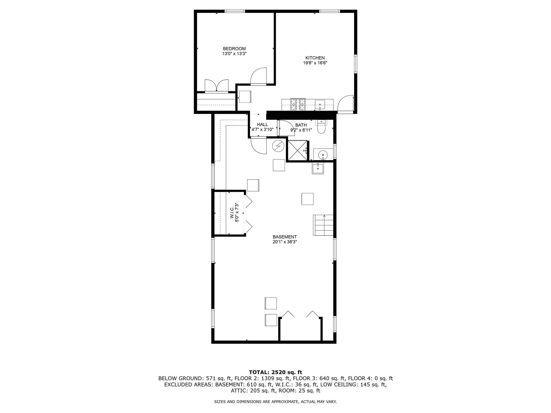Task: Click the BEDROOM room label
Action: pyautogui.click(x=234, y=49)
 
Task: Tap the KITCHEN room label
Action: pyautogui.click(x=315, y=58)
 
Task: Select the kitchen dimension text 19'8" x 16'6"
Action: pyautogui.click(x=315, y=63)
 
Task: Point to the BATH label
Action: pyautogui.click(x=301, y=125)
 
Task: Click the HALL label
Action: pyautogui.click(x=262, y=124)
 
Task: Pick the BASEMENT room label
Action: pyautogui.click(x=284, y=237)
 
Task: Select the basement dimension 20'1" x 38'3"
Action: pyautogui.click(x=284, y=242)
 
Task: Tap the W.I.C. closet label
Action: pyautogui.click(x=232, y=212)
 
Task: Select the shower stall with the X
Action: pyautogui.click(x=297, y=151)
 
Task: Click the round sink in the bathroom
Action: pyautogui.click(x=322, y=155)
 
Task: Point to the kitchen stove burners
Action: pyautogui.click(x=298, y=104)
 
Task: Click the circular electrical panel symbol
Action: pyautogui.click(x=278, y=146)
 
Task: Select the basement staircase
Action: pyautogui.click(x=323, y=225)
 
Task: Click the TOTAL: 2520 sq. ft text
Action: pyautogui.click(x=275, y=372)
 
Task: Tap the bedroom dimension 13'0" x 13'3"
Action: pyautogui.click(x=234, y=54)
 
